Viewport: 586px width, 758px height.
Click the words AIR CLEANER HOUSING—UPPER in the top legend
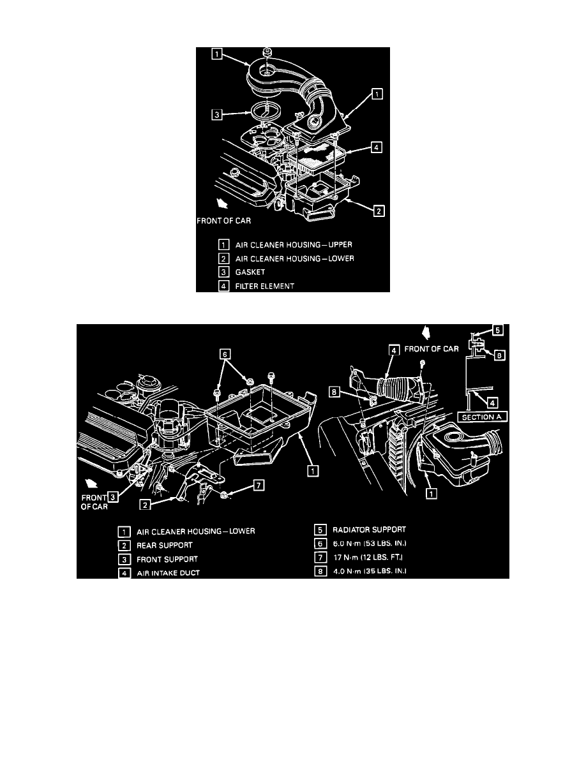click(x=289, y=244)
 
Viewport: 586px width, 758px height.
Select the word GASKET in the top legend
click(x=252, y=272)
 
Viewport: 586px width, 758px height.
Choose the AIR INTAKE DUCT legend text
click(x=169, y=573)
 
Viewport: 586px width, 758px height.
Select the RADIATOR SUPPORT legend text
click(x=369, y=530)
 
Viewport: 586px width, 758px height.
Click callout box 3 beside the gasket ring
click(x=218, y=115)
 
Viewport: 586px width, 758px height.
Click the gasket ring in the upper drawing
click(x=262, y=112)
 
